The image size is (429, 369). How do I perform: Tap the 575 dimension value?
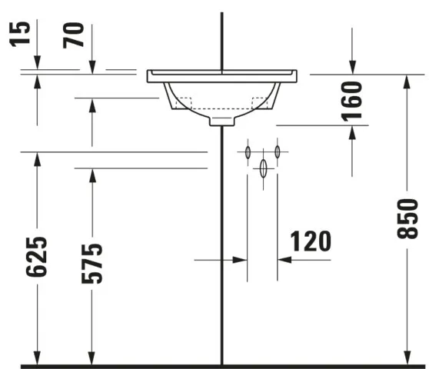pos(91,263)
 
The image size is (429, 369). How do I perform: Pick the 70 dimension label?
pos(75,35)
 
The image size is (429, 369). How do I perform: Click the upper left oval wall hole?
pos(248,152)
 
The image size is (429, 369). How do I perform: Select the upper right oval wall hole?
pos(278,152)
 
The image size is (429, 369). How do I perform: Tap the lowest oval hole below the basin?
pos(263,168)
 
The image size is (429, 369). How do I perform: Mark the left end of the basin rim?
pos(149,75)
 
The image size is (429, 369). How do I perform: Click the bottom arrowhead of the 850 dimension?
pos(406,357)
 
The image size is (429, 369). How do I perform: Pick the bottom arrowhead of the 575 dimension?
pos(92,357)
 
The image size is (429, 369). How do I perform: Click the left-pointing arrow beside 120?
pos(284,260)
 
